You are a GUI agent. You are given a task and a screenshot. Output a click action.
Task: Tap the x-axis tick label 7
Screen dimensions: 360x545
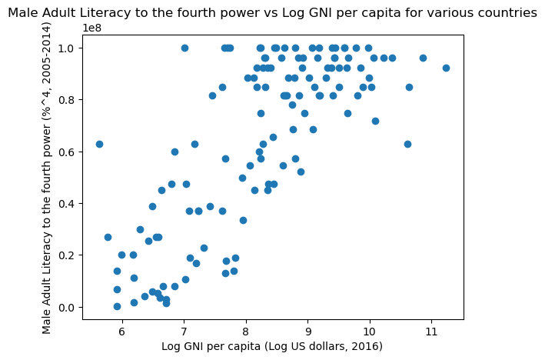tap(184, 330)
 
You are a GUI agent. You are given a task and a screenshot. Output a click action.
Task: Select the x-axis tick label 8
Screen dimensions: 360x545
tap(246, 330)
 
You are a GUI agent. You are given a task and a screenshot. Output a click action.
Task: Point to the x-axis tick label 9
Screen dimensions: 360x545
tap(307, 330)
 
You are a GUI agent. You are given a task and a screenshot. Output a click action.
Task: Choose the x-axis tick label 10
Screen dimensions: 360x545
tap(370, 330)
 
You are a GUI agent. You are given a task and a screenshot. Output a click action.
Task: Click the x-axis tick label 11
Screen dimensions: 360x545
tap(431, 330)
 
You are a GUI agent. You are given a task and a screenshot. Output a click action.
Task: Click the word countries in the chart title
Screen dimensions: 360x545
tap(507, 13)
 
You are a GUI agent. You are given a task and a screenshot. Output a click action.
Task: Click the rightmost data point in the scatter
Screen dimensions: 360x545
tap(446, 68)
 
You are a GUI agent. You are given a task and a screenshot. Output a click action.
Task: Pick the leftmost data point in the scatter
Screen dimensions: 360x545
tap(99, 144)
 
